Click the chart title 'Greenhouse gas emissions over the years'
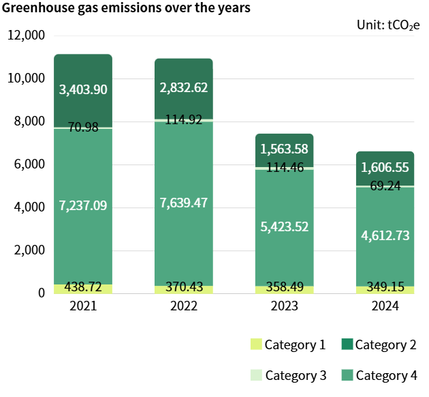(x=127, y=9)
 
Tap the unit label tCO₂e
(x=388, y=25)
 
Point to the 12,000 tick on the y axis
(x=26, y=35)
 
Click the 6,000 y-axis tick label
(x=29, y=164)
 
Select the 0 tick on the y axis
(x=41, y=293)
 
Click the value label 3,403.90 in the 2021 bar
(x=83, y=89)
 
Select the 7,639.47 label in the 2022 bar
(x=184, y=203)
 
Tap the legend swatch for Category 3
(x=257, y=375)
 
